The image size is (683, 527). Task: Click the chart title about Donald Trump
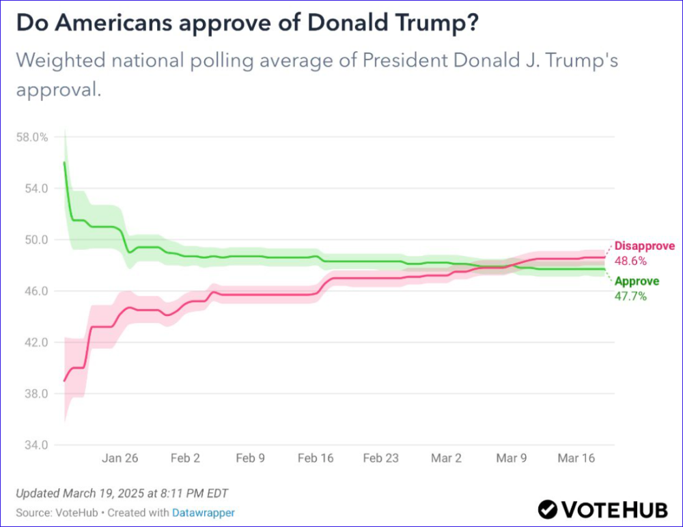(247, 23)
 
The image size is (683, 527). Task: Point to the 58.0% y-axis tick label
(31, 137)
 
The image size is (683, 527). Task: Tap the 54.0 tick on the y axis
(36, 188)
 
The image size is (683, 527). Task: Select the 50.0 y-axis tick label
(36, 240)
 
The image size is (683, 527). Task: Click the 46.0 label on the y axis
(36, 291)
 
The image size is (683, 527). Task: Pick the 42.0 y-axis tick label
(36, 343)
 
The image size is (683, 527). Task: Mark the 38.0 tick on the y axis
(36, 394)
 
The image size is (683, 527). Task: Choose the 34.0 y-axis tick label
(36, 445)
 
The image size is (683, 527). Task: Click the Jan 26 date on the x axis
(120, 458)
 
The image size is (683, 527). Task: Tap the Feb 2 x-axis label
(185, 458)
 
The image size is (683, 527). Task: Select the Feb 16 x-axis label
(316, 458)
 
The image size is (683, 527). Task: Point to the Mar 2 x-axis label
(446, 458)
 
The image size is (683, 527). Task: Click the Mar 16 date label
(576, 458)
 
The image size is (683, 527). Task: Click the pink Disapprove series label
(644, 246)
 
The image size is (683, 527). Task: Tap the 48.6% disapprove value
(630, 261)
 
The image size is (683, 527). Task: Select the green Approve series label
(637, 281)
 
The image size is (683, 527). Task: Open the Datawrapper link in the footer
(203, 511)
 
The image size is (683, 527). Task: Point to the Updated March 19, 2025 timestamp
(122, 494)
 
